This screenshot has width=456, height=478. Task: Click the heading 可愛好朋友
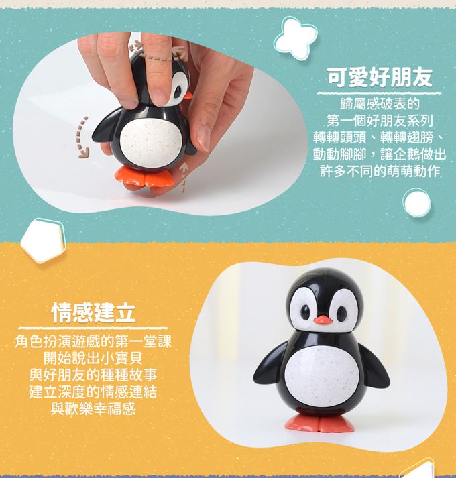380,77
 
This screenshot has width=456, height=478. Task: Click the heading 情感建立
94,312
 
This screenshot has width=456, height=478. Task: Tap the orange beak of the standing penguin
323,320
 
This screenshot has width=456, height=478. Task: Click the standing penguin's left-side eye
305,312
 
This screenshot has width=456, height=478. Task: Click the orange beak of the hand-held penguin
188,95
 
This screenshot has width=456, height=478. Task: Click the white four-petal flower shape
294,38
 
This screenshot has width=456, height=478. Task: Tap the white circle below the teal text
416,202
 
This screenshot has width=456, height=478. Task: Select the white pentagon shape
43,241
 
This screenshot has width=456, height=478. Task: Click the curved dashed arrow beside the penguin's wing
82,137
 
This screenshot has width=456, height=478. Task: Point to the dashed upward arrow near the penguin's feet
182,178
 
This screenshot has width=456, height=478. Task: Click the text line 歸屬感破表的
380,103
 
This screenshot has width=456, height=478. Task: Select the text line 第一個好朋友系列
380,121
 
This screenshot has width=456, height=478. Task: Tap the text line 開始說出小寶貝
93,358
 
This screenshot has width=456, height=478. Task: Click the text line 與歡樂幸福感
93,409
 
